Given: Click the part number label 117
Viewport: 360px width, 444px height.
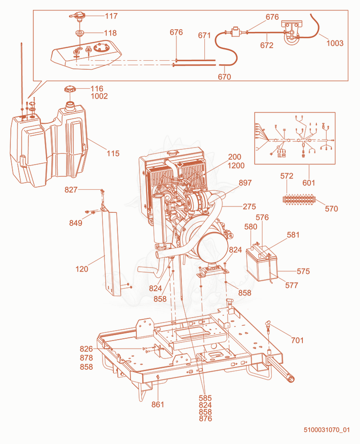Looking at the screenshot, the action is click(111, 16).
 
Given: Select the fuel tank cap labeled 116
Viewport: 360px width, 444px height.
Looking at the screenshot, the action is click(70, 89).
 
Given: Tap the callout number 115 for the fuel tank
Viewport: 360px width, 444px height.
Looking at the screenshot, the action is click(113, 153).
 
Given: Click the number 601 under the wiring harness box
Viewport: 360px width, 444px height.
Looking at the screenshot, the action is click(308, 183).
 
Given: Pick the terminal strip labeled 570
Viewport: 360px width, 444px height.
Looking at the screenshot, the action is click(298, 199).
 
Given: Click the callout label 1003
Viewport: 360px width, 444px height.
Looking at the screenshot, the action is click(335, 43).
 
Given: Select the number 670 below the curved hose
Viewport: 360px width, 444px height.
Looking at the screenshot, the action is click(225, 77).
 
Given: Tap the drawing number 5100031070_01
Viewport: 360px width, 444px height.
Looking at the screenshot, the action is click(327, 430).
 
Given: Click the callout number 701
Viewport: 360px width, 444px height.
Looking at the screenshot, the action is click(297, 340).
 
